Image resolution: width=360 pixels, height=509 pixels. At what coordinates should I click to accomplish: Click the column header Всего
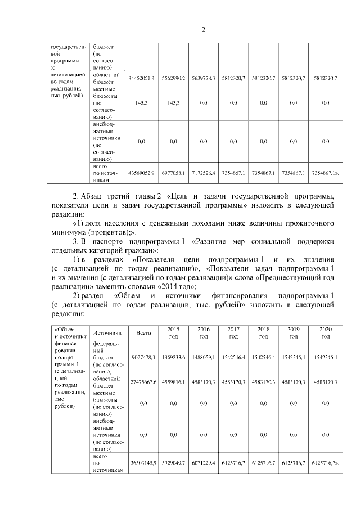click(x=143, y=333)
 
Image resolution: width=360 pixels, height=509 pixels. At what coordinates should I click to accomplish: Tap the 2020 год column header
click(x=325, y=332)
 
